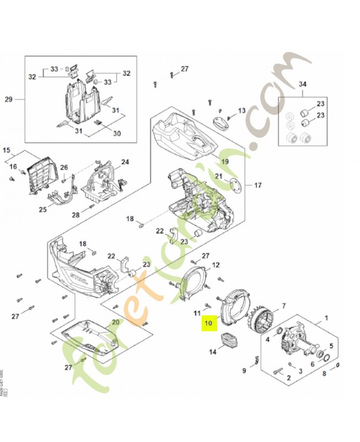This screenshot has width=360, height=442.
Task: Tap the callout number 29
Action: coord(8,99)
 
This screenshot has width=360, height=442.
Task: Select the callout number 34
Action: coord(302,84)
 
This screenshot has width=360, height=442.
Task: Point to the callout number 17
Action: coord(257,185)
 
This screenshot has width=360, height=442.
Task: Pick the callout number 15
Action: coord(7,150)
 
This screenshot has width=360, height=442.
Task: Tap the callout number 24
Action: coord(125,162)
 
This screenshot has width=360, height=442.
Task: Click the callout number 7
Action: coord(283,306)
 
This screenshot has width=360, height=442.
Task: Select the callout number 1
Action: coord(326,318)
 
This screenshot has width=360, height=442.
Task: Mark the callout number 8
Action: coord(324,373)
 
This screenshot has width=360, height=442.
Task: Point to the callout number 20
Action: coord(115,322)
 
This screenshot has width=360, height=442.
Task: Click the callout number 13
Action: coord(241,110)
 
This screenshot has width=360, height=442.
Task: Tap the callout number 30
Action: coord(117,133)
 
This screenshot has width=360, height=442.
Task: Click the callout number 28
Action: coord(76,214)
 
